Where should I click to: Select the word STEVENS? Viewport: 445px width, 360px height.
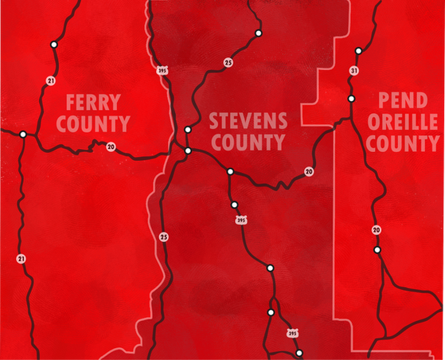click(247, 122)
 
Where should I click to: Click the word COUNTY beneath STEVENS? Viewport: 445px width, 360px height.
click(247, 143)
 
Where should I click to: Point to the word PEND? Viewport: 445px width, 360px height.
click(399, 102)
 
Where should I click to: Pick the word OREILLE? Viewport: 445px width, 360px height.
click(402, 123)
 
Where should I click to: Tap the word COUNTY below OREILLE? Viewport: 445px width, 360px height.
click(402, 144)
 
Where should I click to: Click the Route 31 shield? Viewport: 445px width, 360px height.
click(353, 71)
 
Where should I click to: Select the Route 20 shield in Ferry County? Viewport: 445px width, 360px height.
click(111, 146)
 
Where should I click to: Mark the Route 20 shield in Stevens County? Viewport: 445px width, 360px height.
click(308, 171)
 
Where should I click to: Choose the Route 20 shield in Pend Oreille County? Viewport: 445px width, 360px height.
click(377, 230)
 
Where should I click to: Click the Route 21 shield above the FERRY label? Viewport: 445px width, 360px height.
click(50, 80)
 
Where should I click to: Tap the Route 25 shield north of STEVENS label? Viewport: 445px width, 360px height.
click(228, 61)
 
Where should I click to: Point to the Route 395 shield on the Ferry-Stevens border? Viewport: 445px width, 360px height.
click(162, 69)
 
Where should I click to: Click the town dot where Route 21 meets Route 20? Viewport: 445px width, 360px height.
click(23, 134)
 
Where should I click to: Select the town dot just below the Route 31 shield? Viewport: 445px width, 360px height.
click(351, 98)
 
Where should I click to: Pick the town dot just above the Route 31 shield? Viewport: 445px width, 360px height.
click(358, 51)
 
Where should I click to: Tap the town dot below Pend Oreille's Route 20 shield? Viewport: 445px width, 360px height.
click(377, 250)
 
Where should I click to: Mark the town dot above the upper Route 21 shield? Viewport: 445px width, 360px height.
click(53, 45)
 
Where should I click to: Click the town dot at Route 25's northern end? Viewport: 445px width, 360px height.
click(259, 33)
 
